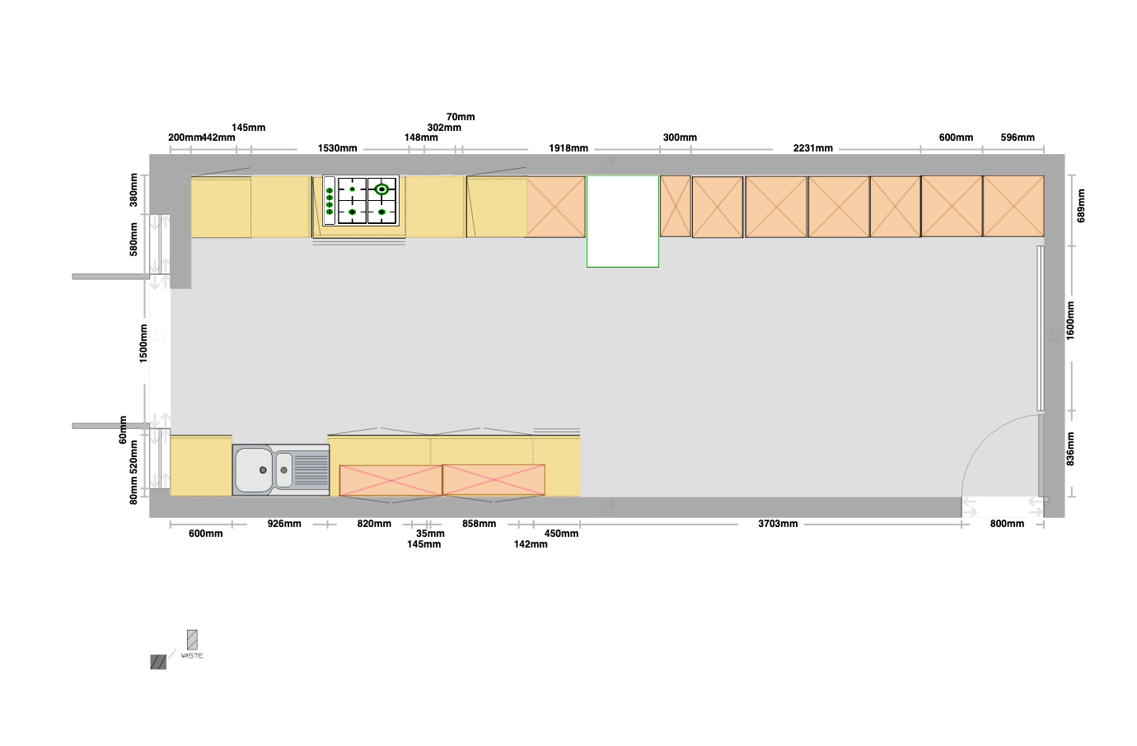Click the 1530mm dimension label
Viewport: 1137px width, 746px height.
tap(338, 148)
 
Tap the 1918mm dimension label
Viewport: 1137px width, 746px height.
tap(568, 148)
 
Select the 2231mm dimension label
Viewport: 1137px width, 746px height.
tap(813, 148)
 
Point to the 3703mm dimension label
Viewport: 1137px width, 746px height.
tap(778, 524)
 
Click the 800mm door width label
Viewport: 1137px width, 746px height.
tap(1007, 524)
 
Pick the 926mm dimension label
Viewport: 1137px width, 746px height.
tap(284, 524)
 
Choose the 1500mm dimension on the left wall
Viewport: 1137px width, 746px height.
tap(143, 343)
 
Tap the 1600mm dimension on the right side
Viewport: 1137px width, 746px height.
tap(1070, 320)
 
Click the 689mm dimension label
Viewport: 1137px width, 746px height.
tap(1081, 206)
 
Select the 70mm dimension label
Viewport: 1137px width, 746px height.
tap(461, 117)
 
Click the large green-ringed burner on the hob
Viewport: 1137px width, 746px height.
tap(381, 189)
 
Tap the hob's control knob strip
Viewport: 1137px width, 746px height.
tap(330, 200)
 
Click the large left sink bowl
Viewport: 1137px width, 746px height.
tap(254, 469)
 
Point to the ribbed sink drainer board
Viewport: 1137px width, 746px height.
tap(311, 471)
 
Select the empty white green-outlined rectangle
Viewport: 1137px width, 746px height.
tap(623, 221)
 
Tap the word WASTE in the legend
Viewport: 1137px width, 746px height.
tap(192, 655)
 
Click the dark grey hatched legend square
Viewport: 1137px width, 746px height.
tap(158, 662)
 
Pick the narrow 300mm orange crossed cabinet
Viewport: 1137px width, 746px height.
tap(676, 206)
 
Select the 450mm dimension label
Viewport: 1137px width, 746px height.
tap(561, 534)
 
